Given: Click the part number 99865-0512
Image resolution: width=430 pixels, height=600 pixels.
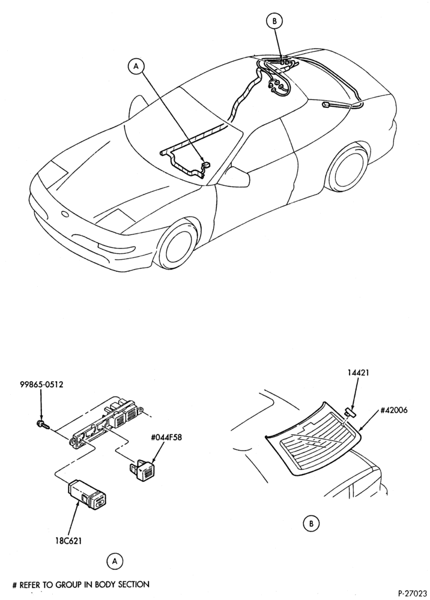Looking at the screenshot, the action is click(41, 384).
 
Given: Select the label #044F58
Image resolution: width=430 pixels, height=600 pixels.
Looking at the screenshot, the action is click(165, 437).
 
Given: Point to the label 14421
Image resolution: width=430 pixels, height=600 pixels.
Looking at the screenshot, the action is click(359, 371).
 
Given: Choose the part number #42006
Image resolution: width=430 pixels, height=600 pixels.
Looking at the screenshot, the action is click(394, 410).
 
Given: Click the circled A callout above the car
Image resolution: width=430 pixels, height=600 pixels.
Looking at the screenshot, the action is click(136, 66).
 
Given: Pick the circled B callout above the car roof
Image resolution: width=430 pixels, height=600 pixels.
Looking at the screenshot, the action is click(274, 22).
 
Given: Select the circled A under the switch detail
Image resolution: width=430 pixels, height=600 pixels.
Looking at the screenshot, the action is click(115, 562).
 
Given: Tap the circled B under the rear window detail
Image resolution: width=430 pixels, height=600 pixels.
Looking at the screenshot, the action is click(311, 523).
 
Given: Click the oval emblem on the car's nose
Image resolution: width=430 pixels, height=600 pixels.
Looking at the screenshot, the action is click(65, 214).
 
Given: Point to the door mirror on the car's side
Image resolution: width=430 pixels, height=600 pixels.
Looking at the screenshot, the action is click(236, 176).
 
